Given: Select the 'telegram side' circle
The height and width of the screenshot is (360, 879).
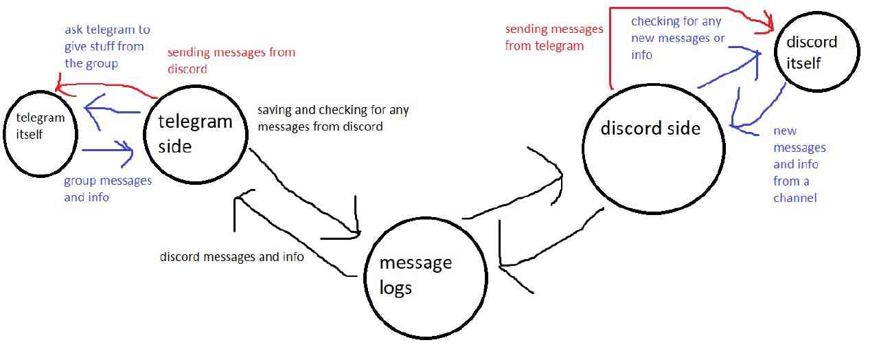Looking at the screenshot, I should [x=195, y=133].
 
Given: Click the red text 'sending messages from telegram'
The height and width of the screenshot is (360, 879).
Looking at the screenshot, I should [x=554, y=38].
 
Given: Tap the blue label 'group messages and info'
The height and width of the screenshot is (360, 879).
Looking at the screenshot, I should [x=107, y=188].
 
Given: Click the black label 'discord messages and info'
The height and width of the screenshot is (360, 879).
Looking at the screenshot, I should [x=232, y=257].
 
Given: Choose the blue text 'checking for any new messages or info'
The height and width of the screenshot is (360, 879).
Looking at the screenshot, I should [x=677, y=38].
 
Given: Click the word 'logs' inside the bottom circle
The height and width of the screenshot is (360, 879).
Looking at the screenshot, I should [x=396, y=286].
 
